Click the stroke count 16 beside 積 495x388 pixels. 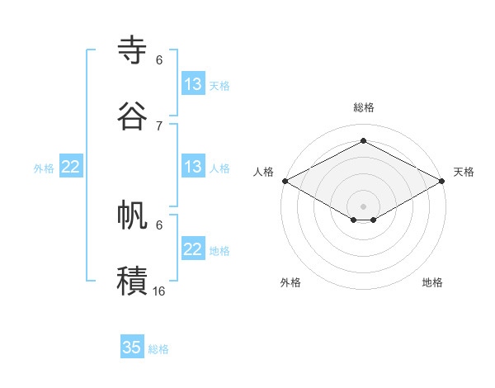[159, 291]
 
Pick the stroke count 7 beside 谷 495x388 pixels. [159, 125]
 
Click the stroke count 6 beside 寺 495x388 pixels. [159, 60]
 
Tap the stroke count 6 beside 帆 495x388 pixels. [159, 225]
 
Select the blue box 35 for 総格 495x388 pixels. [132, 348]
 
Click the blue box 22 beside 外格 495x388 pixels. [71, 167]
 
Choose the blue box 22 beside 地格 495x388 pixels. [193, 249]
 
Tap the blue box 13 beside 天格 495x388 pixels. [193, 84]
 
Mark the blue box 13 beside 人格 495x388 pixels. [193, 167]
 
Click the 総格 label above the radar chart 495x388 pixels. [364, 107]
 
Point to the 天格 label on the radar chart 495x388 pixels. [464, 172]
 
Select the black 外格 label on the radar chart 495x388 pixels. [290, 282]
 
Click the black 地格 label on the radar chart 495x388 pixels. [432, 282]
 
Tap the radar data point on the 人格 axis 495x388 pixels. [285, 181]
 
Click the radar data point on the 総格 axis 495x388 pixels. [363, 140]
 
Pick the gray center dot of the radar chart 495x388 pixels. [363, 206]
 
